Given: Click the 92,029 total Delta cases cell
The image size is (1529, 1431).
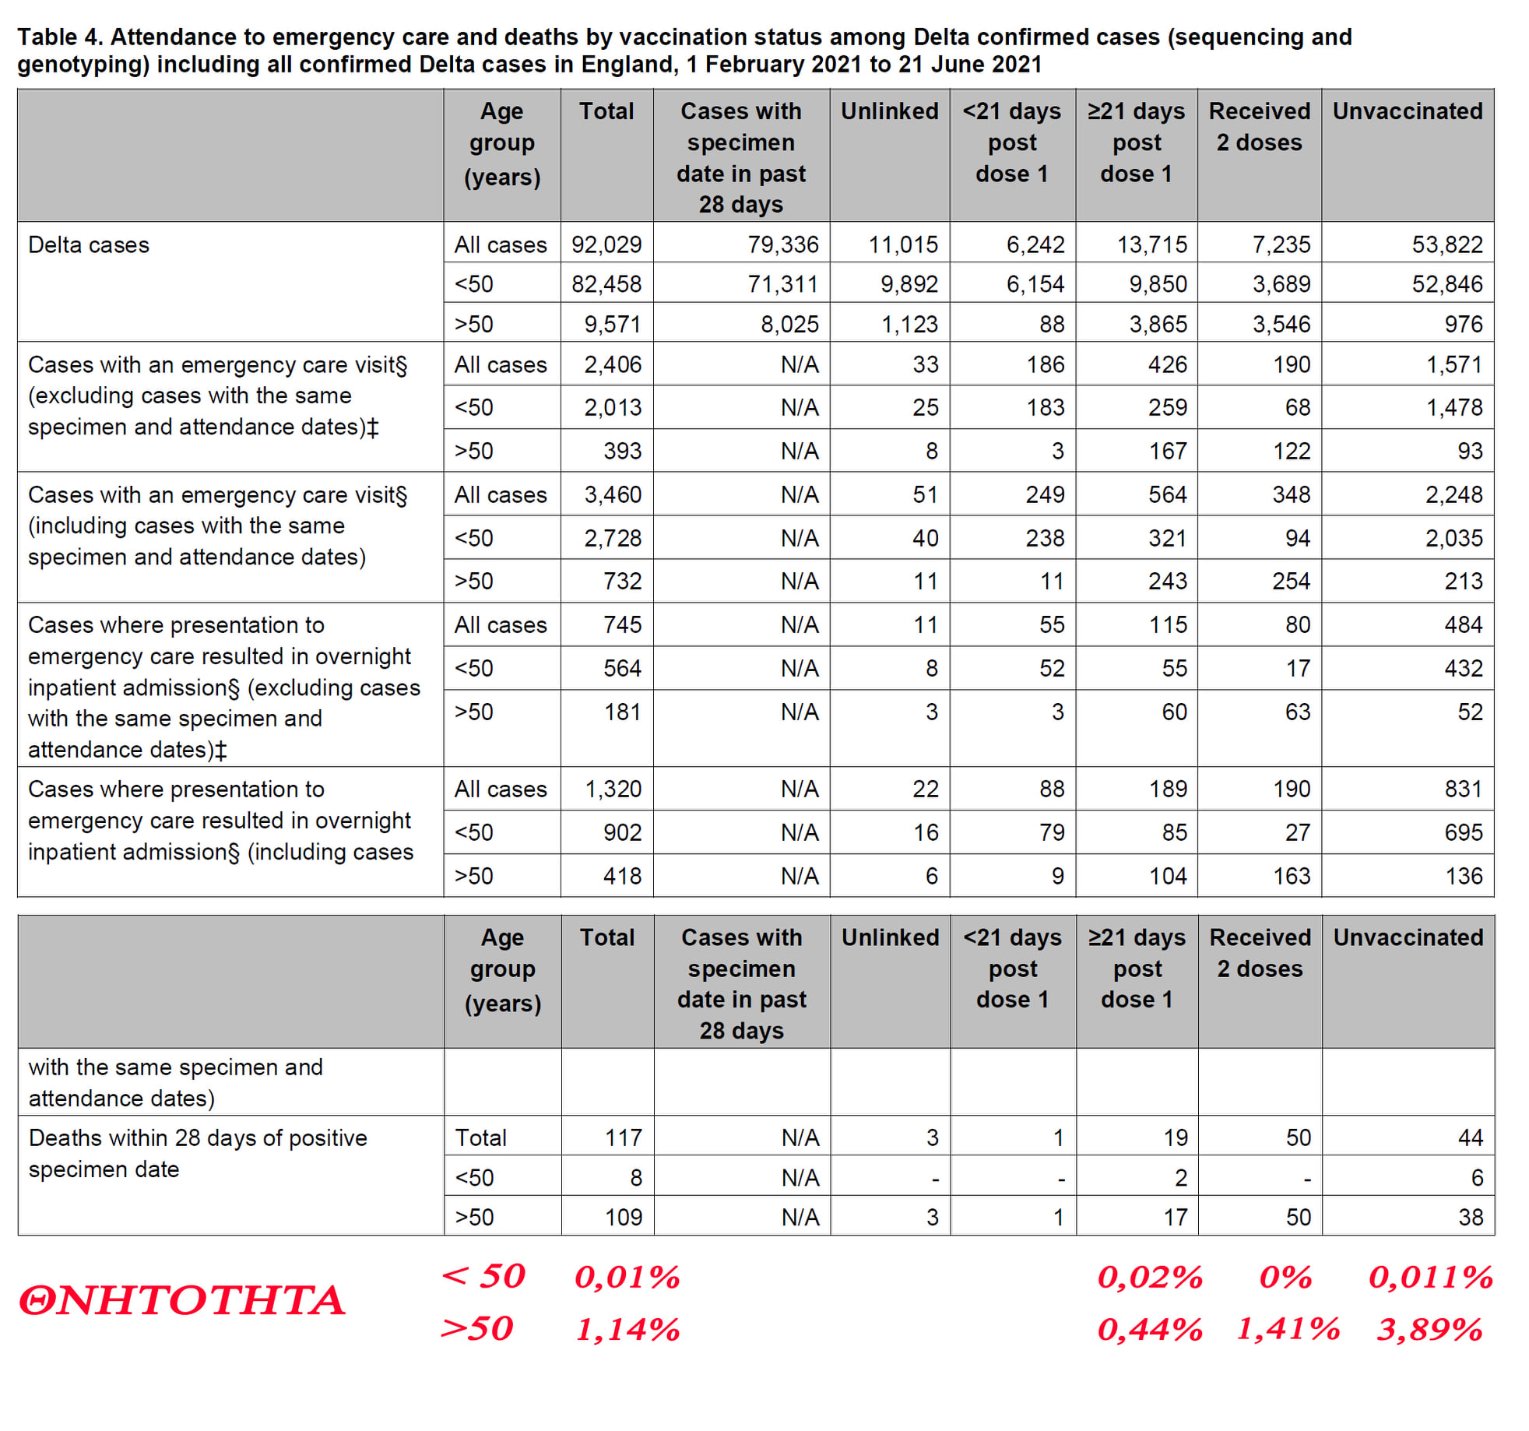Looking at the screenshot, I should click(x=606, y=244).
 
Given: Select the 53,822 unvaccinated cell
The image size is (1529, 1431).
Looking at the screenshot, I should click(x=1447, y=244).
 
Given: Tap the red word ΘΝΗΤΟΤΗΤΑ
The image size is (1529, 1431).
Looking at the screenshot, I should click(x=181, y=1301).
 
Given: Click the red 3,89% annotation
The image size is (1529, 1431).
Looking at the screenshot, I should click(x=1429, y=1329).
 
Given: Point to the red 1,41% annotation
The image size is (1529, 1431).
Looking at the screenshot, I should click(x=1288, y=1329).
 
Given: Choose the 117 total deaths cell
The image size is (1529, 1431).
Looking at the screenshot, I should click(x=624, y=1137).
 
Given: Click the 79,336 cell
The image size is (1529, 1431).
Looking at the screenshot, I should click(x=783, y=244).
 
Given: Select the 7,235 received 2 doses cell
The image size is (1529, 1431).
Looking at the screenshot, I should click(x=1281, y=244).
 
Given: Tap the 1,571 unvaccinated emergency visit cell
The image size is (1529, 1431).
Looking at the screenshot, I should click(x=1453, y=364).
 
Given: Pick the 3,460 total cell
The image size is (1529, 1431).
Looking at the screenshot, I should click(x=613, y=494).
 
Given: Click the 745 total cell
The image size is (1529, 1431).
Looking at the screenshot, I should click(x=622, y=624).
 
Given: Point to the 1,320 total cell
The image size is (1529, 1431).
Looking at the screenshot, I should click(x=613, y=789).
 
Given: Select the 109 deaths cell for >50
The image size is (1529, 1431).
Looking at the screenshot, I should click(x=624, y=1217).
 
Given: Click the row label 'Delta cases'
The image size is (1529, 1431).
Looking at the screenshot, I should click(x=89, y=244).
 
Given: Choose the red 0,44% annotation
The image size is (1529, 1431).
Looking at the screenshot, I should click(x=1150, y=1329).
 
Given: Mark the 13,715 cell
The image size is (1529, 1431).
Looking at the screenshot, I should click(x=1152, y=244).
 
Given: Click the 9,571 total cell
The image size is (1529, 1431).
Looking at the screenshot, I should click(x=613, y=324).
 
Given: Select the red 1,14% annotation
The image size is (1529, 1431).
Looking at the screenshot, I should click(x=627, y=1329).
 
